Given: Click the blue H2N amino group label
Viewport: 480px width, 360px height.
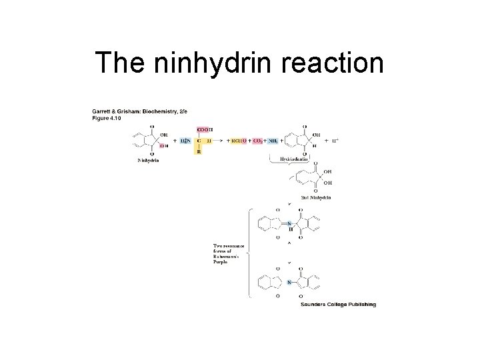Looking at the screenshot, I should tap(185, 141).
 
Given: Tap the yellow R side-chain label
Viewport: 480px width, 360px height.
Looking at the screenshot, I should tap(198, 151).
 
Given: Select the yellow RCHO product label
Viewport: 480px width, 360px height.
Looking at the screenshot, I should tap(239, 141).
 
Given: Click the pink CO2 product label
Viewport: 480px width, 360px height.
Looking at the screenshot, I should tap(257, 141).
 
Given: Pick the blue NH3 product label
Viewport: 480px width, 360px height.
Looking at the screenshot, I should tap(272, 141).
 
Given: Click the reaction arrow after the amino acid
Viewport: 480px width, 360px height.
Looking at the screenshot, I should tap(221, 141).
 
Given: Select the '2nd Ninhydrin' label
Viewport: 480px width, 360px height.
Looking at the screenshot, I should tap(315, 197).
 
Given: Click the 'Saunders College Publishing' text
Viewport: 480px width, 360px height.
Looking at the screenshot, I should tap(339, 305).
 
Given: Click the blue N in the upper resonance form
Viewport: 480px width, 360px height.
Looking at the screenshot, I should tap(289, 223).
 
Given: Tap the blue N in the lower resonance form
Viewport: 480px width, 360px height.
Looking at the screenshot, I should tap(289, 282).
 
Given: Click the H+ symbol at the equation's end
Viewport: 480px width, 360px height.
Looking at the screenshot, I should tap(335, 141).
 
